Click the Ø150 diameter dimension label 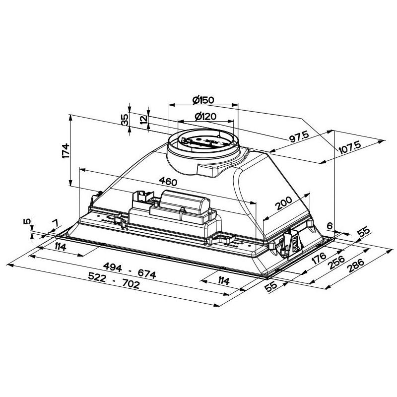[202, 100]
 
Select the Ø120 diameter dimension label [204, 117]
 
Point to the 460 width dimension [168, 182]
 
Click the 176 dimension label [318, 258]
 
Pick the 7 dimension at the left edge [55, 223]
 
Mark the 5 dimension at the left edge [28, 222]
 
